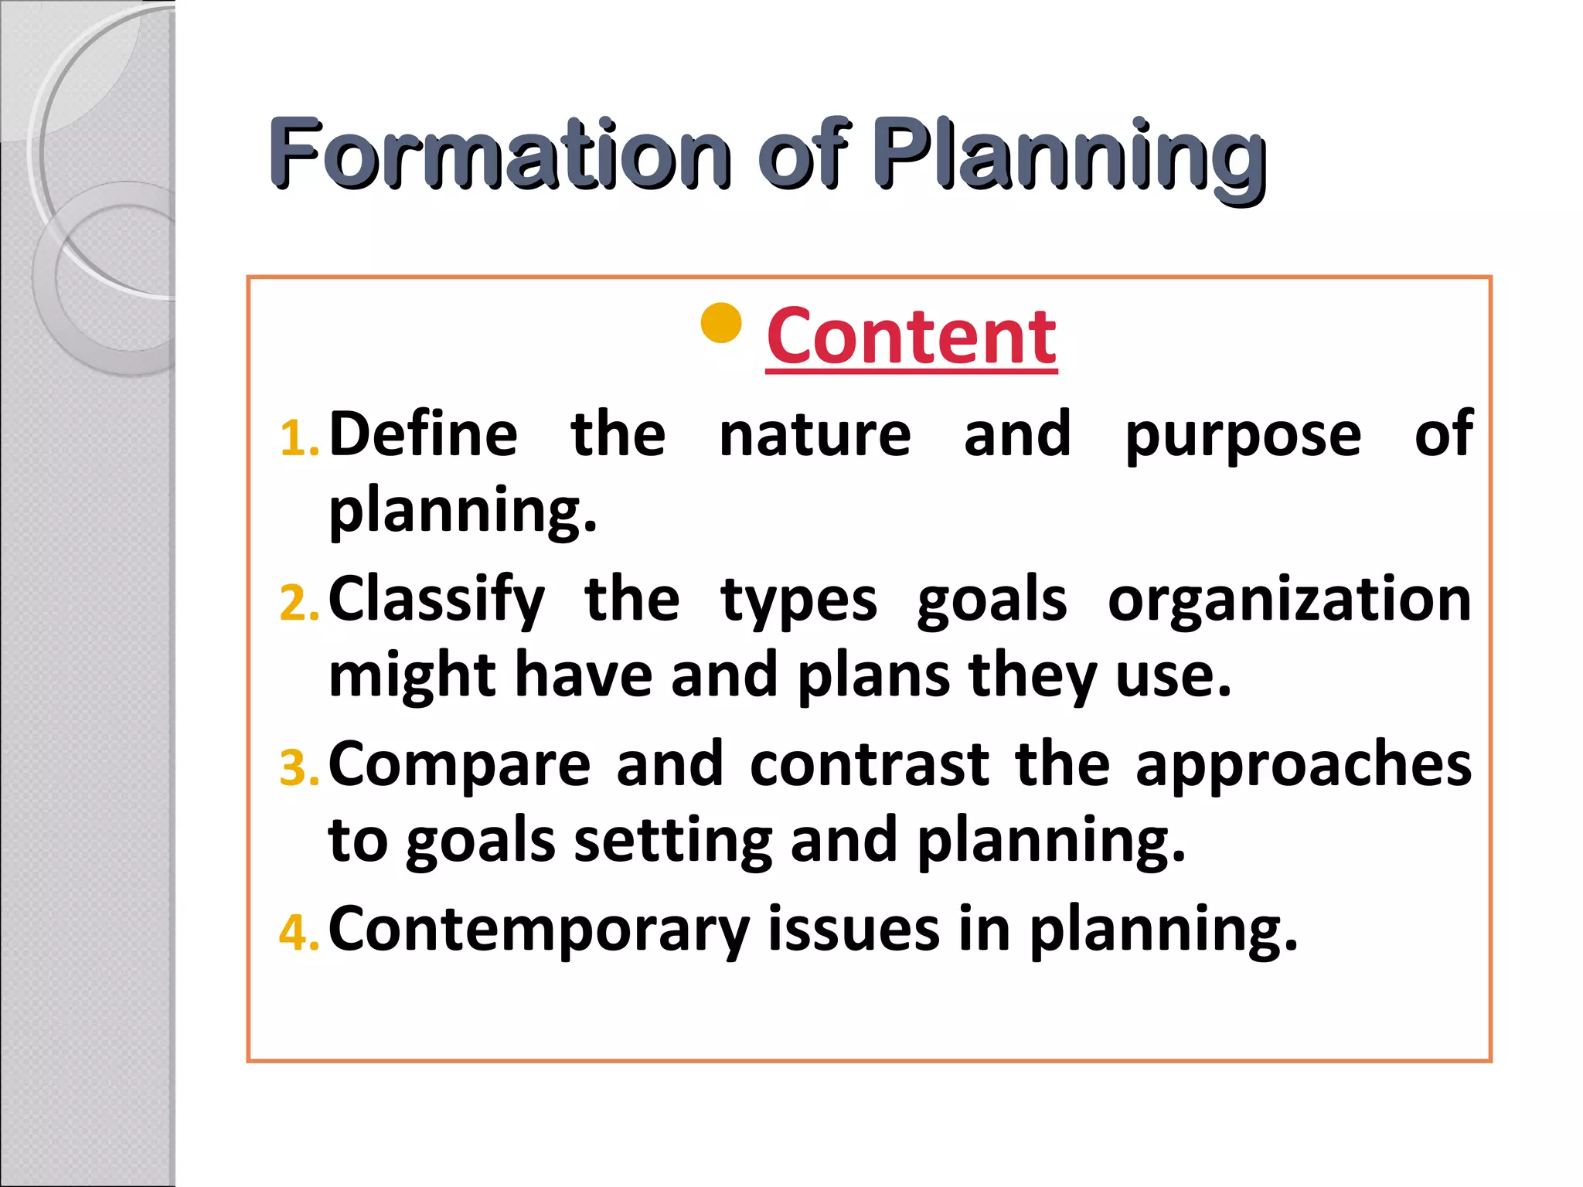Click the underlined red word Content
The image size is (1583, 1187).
[911, 337]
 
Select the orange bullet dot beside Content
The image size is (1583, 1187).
[720, 323]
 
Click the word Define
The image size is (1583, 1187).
[424, 434]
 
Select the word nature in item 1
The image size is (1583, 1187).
[815, 436]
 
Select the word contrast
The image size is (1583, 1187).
[870, 765]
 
